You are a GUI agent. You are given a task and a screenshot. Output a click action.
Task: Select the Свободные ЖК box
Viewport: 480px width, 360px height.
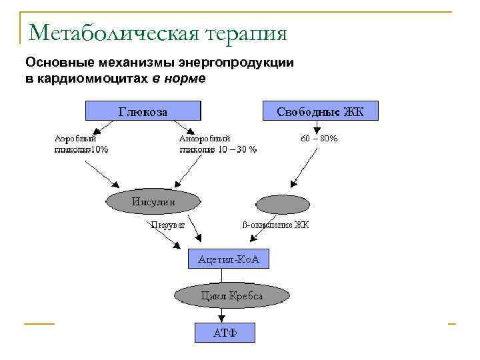coord(321,111)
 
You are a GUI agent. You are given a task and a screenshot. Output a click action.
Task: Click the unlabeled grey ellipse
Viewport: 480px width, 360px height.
coord(283,204)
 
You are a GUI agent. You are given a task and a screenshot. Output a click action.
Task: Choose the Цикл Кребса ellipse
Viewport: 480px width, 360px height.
coord(232,295)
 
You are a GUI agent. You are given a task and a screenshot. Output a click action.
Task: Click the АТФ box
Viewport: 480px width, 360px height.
coord(224,333)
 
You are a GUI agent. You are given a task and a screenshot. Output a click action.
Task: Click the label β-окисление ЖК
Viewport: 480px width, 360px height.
coord(275,225)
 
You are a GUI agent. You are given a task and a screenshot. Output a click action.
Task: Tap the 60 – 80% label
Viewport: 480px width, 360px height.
coord(319,139)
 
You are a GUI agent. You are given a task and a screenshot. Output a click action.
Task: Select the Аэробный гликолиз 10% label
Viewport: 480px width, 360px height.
coord(81,144)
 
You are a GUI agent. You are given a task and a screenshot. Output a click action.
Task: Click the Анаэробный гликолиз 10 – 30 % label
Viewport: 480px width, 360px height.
coord(217,144)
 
